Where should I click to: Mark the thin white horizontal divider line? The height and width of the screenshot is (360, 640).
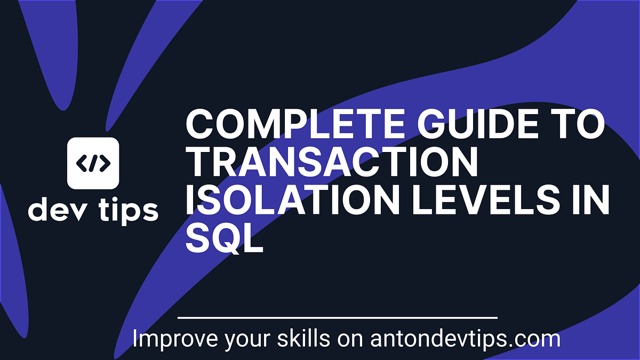point(337,318)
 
